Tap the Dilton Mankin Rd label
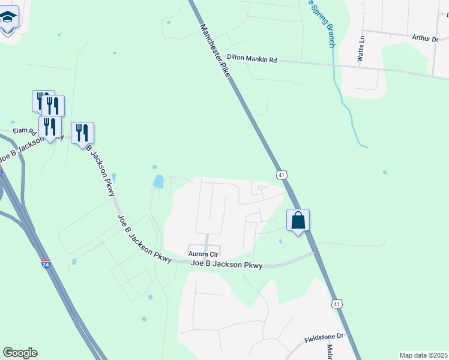pyautogui.click(x=252, y=59)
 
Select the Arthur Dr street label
pyautogui.click(x=426, y=38)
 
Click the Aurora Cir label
pyautogui.click(x=203, y=254)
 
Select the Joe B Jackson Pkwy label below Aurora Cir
pyautogui.click(x=226, y=264)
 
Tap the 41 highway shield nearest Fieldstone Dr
pyautogui.click(x=337, y=304)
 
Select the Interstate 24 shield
pyautogui.click(x=46, y=263)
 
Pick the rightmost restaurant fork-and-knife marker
pyautogui.click(x=82, y=133)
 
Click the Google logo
pyautogui.click(x=20, y=353)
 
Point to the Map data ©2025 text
pyautogui.click(x=423, y=355)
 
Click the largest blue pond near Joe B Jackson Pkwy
pyautogui.click(x=158, y=181)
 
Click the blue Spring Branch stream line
pyautogui.click(x=345, y=108)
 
